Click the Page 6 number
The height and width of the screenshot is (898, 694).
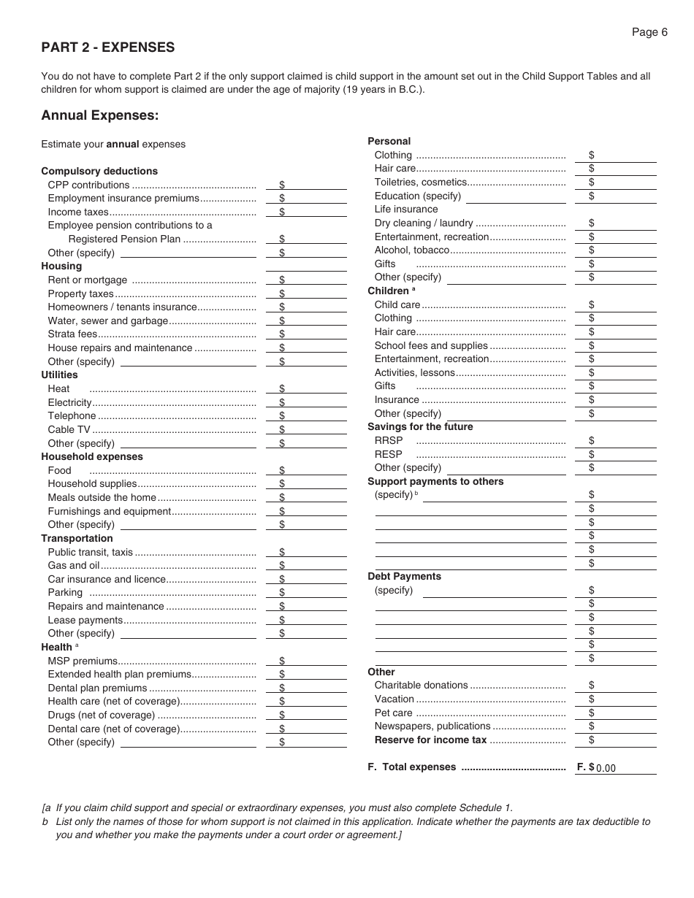649,32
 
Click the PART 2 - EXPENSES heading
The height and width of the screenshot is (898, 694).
108,47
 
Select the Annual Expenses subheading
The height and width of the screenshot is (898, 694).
99,115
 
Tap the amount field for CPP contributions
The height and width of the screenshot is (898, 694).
311,185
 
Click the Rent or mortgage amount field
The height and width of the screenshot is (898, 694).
311,280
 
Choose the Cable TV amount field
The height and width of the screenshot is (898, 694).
311,430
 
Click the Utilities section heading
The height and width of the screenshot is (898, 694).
59,375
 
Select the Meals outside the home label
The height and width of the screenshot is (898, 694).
102,498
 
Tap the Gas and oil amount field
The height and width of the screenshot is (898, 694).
311,566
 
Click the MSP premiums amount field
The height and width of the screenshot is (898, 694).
311,661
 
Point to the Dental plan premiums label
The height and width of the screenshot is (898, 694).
97,688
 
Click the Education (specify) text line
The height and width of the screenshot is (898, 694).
516,196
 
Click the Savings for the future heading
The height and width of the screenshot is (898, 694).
420,427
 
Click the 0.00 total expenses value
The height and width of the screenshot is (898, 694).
606,768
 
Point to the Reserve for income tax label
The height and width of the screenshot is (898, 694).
430,740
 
